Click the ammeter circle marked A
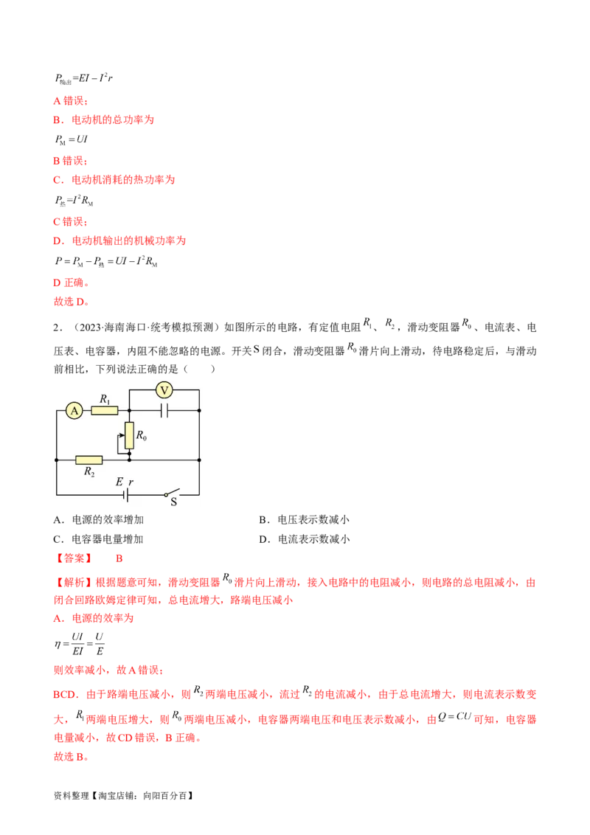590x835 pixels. click(74, 412)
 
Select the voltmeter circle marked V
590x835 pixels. click(165, 389)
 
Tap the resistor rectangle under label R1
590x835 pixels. click(105, 410)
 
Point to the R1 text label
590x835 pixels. click(105, 399)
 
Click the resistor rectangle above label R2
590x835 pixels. click(89, 460)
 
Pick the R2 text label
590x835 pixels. click(90, 471)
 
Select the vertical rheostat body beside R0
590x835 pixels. click(129, 435)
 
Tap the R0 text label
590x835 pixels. click(141, 437)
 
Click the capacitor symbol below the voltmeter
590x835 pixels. click(164, 410)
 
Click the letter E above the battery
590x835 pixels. click(119, 482)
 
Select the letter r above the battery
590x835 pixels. click(131, 482)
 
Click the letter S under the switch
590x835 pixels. click(175, 502)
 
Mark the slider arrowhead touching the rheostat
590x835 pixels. click(124, 435)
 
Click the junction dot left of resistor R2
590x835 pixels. click(57, 460)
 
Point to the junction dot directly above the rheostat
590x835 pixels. click(129, 410)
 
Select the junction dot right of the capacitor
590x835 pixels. click(199, 410)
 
